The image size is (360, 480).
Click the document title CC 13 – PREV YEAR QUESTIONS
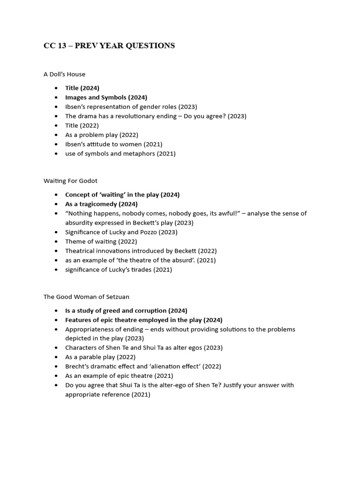[x=109, y=45]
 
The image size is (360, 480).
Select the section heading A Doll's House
[x=64, y=74]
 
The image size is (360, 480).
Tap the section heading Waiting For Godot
[x=70, y=180]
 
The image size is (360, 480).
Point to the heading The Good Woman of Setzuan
[x=86, y=297]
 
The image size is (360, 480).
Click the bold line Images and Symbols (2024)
[x=106, y=97]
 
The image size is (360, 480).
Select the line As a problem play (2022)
[x=102, y=135]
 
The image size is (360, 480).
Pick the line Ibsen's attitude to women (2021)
[x=113, y=144]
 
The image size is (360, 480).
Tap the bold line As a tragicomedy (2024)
[x=101, y=204]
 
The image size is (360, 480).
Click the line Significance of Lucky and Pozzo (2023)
[x=121, y=232]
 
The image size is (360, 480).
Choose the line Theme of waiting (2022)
[x=101, y=241]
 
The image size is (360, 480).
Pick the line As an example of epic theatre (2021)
[x=119, y=376]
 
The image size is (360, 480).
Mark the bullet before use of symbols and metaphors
[x=56, y=154]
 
